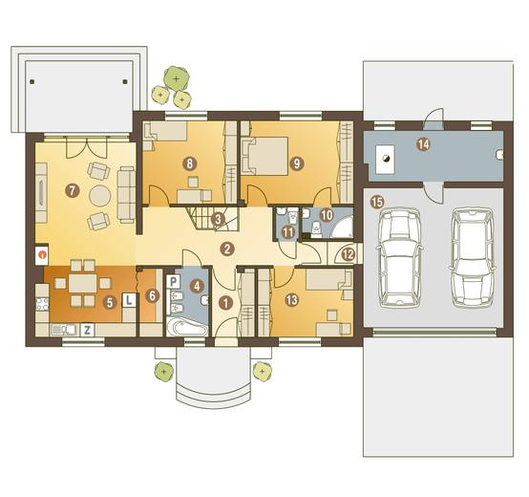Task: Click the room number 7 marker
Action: tap(72, 191)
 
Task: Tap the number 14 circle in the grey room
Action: tap(423, 144)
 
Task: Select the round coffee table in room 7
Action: tap(100, 196)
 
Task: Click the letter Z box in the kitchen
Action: tap(88, 330)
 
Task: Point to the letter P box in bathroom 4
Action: tap(174, 281)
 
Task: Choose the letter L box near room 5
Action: tap(129, 300)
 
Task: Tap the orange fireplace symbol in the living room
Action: tap(42, 254)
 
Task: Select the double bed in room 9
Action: tap(264, 157)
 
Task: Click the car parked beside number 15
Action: tap(399, 258)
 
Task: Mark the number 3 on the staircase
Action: tap(218, 220)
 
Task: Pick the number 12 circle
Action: tap(349, 254)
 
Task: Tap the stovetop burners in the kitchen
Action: tap(43, 304)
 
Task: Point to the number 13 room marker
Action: tap(292, 299)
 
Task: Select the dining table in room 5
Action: tap(83, 283)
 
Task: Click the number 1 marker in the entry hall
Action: tap(225, 303)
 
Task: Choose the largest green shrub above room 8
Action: tap(176, 79)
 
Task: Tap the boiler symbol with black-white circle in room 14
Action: tap(385, 160)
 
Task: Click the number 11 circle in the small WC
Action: tap(287, 232)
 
